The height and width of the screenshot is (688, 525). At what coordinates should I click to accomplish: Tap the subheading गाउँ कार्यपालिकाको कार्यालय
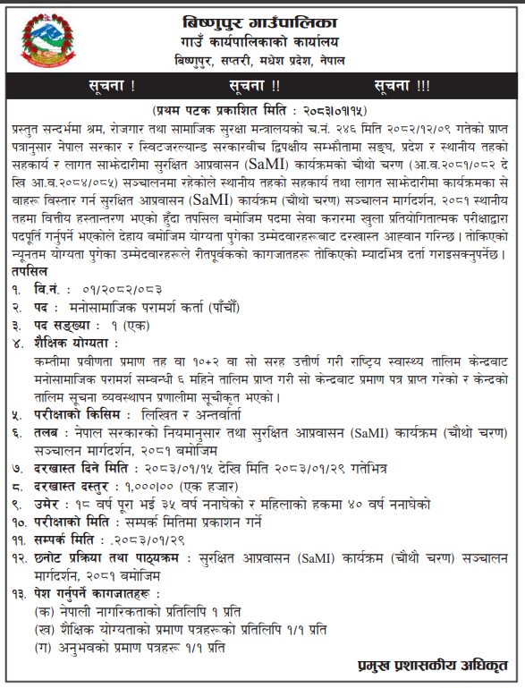click(260, 41)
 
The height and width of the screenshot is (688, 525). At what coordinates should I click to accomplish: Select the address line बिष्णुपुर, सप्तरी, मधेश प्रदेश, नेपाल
click(260, 60)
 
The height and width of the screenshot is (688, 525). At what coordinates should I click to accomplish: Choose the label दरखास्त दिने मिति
click(86, 469)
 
